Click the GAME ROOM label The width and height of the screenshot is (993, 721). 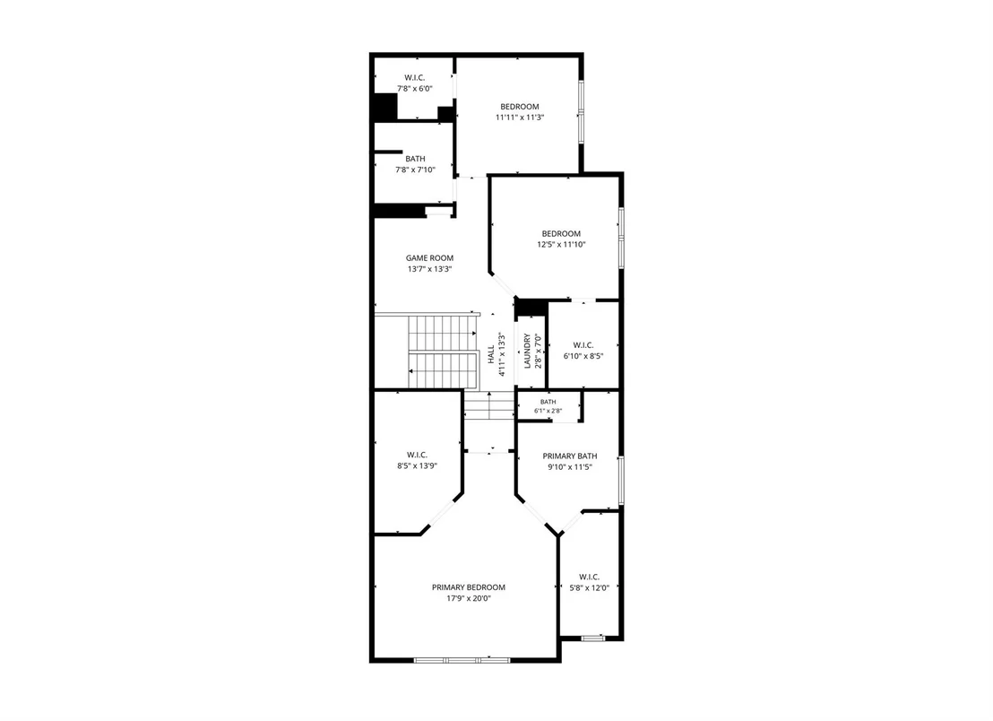[429, 258]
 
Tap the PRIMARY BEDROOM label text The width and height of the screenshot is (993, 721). [469, 587]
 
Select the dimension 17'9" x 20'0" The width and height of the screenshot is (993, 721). [469, 598]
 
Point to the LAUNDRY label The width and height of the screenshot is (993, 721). [528, 351]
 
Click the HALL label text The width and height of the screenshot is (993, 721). [491, 354]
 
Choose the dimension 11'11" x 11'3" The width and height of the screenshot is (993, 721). [520, 117]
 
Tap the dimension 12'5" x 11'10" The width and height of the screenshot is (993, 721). [561, 244]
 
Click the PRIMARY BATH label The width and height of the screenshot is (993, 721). [570, 456]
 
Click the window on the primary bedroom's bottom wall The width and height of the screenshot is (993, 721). [462, 660]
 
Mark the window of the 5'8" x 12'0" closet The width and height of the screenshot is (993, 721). [592, 638]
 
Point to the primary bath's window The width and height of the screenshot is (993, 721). [621, 481]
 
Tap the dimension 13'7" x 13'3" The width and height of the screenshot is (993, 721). [429, 269]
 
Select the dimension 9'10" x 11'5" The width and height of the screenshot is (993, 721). [570, 467]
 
